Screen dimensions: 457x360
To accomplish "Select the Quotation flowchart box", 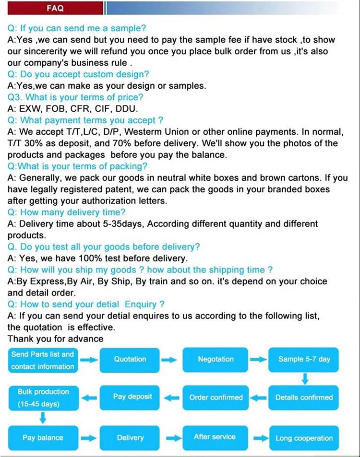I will coord(130,359).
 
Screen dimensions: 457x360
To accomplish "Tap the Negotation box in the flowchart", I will coord(216,359).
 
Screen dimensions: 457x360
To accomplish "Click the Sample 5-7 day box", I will coord(304,359).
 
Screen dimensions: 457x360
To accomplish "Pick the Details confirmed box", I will coord(304,398).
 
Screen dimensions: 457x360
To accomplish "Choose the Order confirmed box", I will coord(216,398).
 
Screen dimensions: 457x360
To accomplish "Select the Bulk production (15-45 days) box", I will coord(43,398).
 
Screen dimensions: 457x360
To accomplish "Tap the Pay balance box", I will coord(43,437).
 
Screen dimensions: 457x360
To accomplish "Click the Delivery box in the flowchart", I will coord(130,437).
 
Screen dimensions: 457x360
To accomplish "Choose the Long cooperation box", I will coord(304,438).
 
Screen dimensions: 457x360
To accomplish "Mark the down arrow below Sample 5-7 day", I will coord(304,379).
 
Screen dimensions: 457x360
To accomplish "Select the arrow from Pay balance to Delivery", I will coord(88,438).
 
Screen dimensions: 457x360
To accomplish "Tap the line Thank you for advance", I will coord(55,339).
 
